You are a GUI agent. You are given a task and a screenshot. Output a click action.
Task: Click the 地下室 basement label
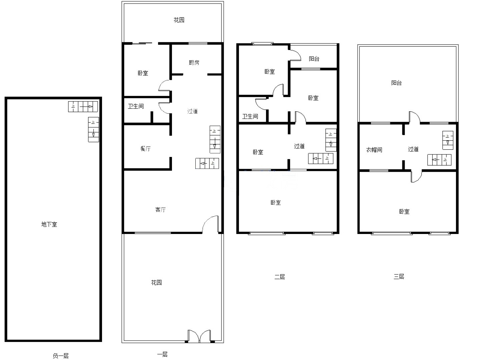click(x=49, y=224)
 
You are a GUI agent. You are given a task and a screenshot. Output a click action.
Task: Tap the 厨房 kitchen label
click(x=194, y=63)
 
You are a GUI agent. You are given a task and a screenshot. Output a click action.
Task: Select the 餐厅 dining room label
click(x=145, y=149)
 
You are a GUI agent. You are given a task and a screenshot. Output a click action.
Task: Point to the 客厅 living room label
click(x=161, y=210)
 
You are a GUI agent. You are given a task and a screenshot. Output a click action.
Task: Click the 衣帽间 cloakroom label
click(x=374, y=150)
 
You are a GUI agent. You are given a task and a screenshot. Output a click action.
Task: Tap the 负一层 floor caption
click(x=61, y=356)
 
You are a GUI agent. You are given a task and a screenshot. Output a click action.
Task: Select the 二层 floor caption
click(x=280, y=277)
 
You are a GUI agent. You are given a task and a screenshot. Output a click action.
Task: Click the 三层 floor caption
click(x=399, y=277)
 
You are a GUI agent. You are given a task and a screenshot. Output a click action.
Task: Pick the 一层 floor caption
click(x=162, y=354)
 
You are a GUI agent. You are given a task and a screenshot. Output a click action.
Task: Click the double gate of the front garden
click(x=199, y=336)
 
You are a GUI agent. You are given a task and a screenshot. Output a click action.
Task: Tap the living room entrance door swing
click(x=210, y=224)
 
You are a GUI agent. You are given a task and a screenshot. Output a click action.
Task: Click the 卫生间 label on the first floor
click(x=136, y=106)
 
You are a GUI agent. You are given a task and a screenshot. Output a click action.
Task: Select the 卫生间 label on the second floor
click(x=250, y=116)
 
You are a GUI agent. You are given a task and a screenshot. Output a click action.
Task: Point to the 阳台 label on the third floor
click(x=396, y=83)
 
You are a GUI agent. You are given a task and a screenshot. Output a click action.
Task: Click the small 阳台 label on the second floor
click(x=314, y=59)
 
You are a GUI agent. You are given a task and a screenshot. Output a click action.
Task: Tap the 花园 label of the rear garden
click(x=179, y=20)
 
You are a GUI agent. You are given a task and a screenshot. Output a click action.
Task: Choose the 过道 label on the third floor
click(x=413, y=149)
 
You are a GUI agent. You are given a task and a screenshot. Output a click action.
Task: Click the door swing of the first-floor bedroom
click(x=164, y=85)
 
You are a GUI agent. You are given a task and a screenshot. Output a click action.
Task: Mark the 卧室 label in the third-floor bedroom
click(x=404, y=212)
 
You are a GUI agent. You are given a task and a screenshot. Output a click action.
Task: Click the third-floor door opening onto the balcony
click(x=415, y=117)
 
